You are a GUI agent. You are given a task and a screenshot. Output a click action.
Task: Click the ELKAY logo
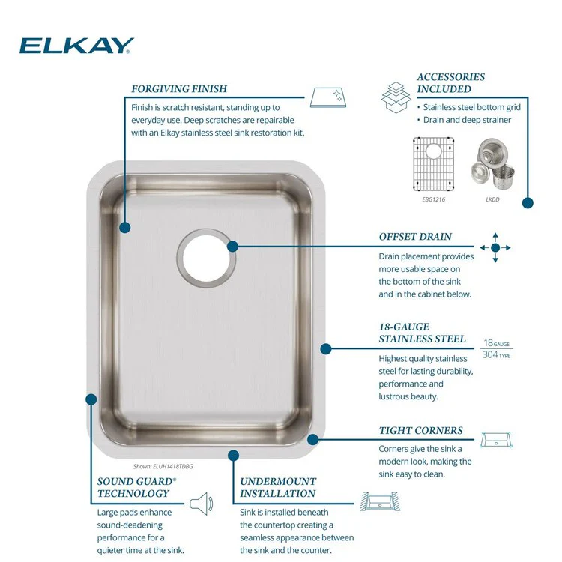pos(76,46)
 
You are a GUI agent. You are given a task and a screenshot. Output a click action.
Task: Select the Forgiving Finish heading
pos(179,89)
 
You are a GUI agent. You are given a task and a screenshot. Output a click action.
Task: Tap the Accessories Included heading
pos(450,82)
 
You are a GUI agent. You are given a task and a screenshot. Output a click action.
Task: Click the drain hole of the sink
pos(206,258)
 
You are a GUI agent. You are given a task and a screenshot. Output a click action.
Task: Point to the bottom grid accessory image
pos(433,164)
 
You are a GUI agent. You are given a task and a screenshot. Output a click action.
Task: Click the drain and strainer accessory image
pos(492,164)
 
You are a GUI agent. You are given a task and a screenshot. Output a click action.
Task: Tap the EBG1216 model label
pos(433,199)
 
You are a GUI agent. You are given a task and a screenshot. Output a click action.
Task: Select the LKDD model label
pos(492,199)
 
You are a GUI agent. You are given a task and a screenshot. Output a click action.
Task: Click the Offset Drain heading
pos(415,237)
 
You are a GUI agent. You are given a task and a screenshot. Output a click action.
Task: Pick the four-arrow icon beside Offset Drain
pos(495,247)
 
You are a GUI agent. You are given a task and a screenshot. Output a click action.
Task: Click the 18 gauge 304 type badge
pos(496,348)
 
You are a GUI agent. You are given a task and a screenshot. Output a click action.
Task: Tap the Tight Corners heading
pos(421,430)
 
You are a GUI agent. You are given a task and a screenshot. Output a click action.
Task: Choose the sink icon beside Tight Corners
pos(496,439)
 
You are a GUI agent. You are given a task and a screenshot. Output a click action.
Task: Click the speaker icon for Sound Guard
pos(202,504)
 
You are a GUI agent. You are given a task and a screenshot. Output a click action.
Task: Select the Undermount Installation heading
pos(278,488)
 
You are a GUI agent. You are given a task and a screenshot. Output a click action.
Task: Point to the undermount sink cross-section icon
pos(380,501)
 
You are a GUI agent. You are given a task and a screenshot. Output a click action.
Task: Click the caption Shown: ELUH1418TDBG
pos(163,466)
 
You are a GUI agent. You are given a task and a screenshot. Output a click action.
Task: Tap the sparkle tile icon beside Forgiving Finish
pos(328,97)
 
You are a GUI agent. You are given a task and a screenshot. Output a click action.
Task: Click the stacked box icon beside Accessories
pos(396,97)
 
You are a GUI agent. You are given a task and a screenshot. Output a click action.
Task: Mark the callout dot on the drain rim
pos(232,247)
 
